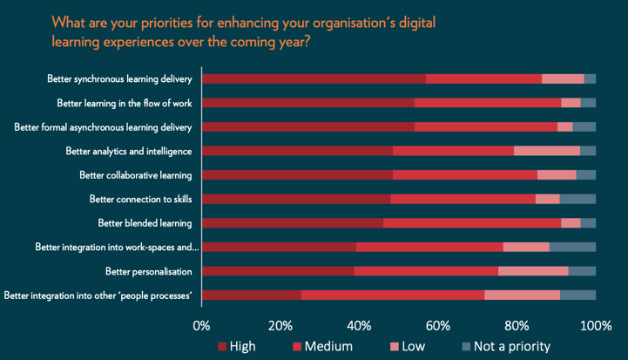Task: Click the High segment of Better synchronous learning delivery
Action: (314, 78)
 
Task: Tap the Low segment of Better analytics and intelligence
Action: (547, 151)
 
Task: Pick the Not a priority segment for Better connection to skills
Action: (577, 199)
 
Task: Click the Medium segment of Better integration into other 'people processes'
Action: (393, 295)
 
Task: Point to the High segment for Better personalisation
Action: (278, 271)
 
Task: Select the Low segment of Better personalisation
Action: (533, 271)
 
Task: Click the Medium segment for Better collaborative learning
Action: (464, 175)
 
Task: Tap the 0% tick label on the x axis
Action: (201, 326)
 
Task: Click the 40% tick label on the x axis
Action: (359, 326)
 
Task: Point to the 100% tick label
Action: (596, 326)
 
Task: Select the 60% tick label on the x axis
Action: (437, 326)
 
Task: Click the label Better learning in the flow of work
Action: (130, 103)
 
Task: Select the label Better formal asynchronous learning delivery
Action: (109, 127)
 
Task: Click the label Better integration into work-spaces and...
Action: (118, 248)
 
